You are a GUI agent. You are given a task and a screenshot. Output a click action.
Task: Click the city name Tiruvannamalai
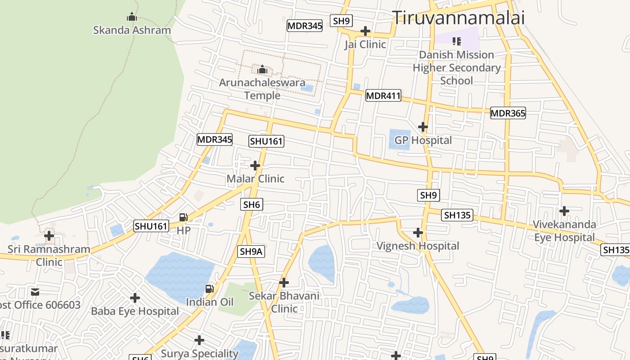[x=459, y=18]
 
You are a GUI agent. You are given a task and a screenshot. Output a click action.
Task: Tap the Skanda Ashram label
[x=132, y=30]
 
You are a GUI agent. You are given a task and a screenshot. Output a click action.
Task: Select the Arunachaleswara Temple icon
[x=262, y=70]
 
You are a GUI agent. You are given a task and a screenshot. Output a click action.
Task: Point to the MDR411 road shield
[x=383, y=95]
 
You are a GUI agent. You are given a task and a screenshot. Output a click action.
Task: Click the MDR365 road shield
[x=508, y=113]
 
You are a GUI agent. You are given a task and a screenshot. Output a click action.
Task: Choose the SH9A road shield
[x=251, y=252]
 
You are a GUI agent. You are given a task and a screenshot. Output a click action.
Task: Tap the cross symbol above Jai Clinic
[x=365, y=31]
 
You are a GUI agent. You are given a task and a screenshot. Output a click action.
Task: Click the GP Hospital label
[x=423, y=140]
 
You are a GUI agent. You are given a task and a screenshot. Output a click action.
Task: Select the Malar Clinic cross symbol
[x=255, y=166]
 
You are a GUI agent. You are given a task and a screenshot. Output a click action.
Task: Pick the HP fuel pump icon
[x=183, y=217]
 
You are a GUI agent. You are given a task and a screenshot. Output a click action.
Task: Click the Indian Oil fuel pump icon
[x=209, y=288]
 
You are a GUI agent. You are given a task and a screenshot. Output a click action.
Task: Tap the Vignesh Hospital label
[x=418, y=246]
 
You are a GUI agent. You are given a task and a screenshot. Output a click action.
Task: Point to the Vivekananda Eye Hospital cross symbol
[x=564, y=211]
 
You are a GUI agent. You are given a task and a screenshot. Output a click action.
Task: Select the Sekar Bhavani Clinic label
[x=284, y=302]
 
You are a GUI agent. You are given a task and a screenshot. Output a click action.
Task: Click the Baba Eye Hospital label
[x=135, y=311]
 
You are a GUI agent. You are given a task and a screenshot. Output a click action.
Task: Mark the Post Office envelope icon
[x=35, y=292]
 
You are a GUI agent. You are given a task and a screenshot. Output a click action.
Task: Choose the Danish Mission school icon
[x=457, y=42]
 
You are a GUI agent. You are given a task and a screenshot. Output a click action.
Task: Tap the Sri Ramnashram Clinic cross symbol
[x=49, y=235]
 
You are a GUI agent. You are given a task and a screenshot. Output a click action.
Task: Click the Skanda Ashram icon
[x=132, y=17]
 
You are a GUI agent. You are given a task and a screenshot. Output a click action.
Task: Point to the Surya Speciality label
[x=199, y=354]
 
